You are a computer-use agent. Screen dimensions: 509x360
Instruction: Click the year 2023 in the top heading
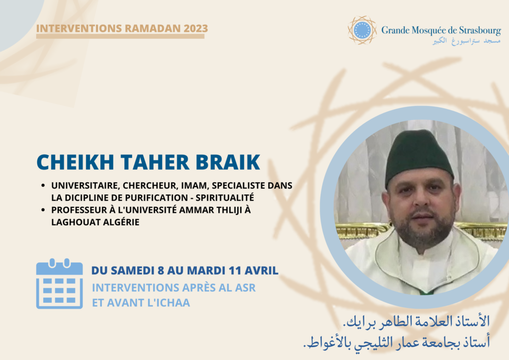(196, 28)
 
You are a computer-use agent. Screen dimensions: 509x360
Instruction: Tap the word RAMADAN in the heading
(152, 28)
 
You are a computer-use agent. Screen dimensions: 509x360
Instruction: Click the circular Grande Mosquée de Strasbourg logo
(362, 30)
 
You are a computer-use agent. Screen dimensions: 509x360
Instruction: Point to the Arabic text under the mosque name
(466, 41)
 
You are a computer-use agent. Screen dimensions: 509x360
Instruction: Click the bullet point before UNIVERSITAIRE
(43, 185)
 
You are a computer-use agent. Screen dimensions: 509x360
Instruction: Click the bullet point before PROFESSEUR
(43, 210)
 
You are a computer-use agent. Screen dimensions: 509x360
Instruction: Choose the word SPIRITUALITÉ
(225, 198)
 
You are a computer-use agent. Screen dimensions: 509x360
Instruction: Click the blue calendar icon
(60, 283)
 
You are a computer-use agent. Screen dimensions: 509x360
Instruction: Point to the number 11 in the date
(235, 270)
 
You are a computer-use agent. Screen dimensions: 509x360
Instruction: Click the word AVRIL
(261, 270)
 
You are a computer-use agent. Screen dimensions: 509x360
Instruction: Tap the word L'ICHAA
(169, 303)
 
